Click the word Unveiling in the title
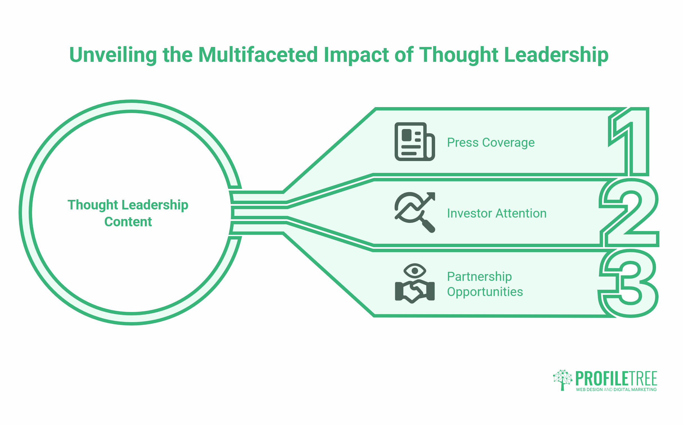tap(113, 55)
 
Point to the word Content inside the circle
tap(128, 222)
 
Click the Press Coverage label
tap(491, 143)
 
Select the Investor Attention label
tap(497, 213)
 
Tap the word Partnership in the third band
tap(479, 277)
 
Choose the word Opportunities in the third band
tap(485, 292)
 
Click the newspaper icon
tap(414, 142)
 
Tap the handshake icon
tap(415, 291)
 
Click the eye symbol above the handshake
tap(415, 271)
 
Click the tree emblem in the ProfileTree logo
tap(562, 380)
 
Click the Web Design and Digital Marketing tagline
tap(616, 390)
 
